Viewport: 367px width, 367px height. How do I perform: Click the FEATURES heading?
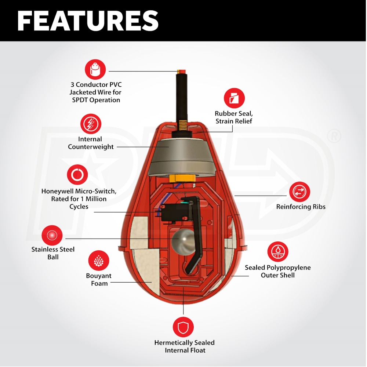point(88,21)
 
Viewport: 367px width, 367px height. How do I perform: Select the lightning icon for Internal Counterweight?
point(90,124)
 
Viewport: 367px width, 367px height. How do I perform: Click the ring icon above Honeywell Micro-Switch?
point(77,175)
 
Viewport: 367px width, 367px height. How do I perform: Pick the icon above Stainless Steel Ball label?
point(52,235)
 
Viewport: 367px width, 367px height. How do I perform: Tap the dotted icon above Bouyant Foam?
point(99,261)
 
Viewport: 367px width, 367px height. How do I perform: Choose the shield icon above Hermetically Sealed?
point(183,327)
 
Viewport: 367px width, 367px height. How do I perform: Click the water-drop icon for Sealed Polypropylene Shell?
point(278,252)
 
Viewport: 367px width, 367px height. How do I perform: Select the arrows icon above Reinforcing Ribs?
point(299,192)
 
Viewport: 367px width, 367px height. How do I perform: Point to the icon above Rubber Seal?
point(234,98)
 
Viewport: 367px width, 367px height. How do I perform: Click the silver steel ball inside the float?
point(181,239)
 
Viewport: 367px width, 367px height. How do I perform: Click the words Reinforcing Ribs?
point(301,207)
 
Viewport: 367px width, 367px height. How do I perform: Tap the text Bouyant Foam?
point(99,280)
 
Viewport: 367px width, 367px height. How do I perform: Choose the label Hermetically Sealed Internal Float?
point(184,346)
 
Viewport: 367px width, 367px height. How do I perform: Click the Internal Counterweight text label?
point(90,143)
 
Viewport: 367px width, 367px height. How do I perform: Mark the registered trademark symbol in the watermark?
point(334,137)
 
